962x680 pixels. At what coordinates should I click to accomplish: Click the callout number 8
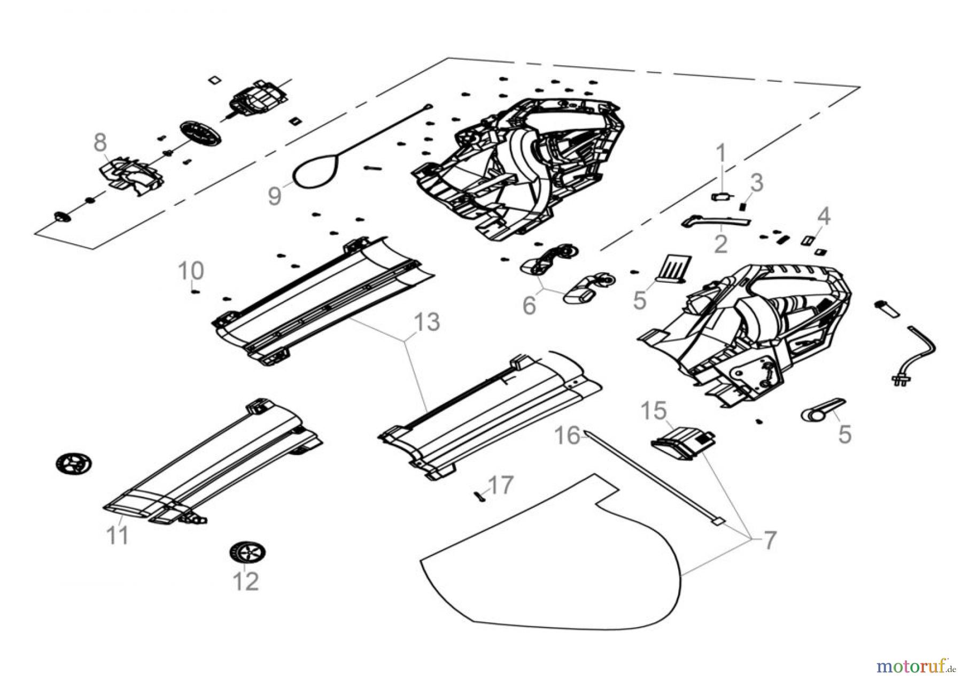point(100,143)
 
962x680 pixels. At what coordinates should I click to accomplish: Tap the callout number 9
point(274,196)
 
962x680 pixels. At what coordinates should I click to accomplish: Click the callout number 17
point(501,485)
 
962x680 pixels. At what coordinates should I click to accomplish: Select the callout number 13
point(427,322)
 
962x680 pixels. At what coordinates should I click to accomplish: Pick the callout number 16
point(567,436)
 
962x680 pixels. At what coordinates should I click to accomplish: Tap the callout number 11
point(117,535)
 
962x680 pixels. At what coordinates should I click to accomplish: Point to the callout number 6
point(529,305)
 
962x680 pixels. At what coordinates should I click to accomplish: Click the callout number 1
point(721,153)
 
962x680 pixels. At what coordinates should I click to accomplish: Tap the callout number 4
point(824,217)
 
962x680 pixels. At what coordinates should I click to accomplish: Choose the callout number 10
point(191,271)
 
